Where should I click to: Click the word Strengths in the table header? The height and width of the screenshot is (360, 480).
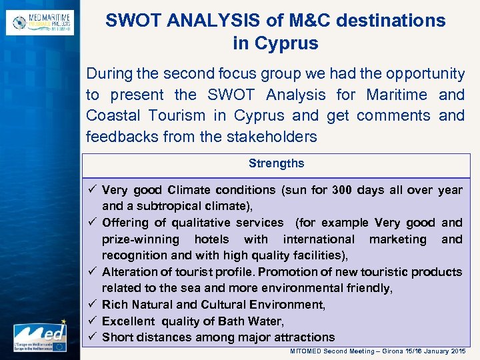pyautogui.click(x=276, y=163)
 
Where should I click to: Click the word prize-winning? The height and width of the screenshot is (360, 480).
pyautogui.click(x=141, y=239)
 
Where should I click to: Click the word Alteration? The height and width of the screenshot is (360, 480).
pyautogui.click(x=129, y=272)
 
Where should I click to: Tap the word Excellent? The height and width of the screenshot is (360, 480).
pyautogui.click(x=129, y=321)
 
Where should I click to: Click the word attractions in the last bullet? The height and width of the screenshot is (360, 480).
pyautogui.click(x=301, y=337)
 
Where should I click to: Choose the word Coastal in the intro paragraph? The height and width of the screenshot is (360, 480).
pyautogui.click(x=113, y=115)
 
